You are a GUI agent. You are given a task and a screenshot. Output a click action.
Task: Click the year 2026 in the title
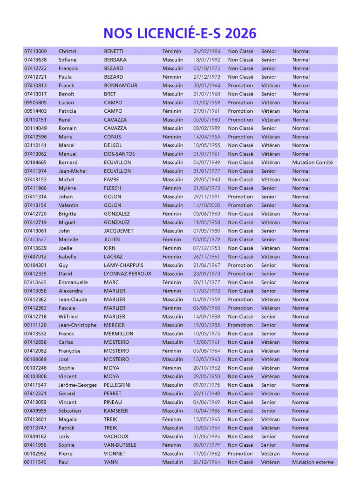[239, 33]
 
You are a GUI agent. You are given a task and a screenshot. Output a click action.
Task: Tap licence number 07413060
[35, 51]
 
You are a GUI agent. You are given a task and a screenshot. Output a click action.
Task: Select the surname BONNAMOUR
[121, 85]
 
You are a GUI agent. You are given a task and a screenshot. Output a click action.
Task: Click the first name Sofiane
[68, 60]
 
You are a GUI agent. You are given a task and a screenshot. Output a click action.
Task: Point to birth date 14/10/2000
[207, 205]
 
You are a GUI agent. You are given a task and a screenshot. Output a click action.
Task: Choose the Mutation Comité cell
[312, 163]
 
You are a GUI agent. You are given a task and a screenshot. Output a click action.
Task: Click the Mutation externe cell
[312, 462]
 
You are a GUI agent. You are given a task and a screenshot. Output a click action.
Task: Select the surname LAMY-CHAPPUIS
[123, 265]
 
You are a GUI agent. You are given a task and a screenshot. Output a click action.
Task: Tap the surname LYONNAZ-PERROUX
[128, 273]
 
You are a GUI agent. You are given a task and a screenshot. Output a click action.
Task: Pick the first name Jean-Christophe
[78, 325]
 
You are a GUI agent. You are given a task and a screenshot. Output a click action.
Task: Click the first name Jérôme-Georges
[78, 385]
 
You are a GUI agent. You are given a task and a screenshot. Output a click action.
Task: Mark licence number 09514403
[35, 111]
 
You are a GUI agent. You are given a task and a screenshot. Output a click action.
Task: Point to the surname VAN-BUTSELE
[120, 445]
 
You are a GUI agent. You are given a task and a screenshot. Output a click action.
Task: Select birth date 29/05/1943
[207, 179]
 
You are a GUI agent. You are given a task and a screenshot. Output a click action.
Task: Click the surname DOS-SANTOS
[119, 154]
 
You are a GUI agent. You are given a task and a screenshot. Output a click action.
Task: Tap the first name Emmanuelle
[73, 282]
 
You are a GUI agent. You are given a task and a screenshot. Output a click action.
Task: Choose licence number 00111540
[35, 462]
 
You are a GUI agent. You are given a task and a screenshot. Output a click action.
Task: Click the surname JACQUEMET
[118, 231]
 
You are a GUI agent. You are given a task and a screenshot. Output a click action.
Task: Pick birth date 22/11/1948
[207, 394]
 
